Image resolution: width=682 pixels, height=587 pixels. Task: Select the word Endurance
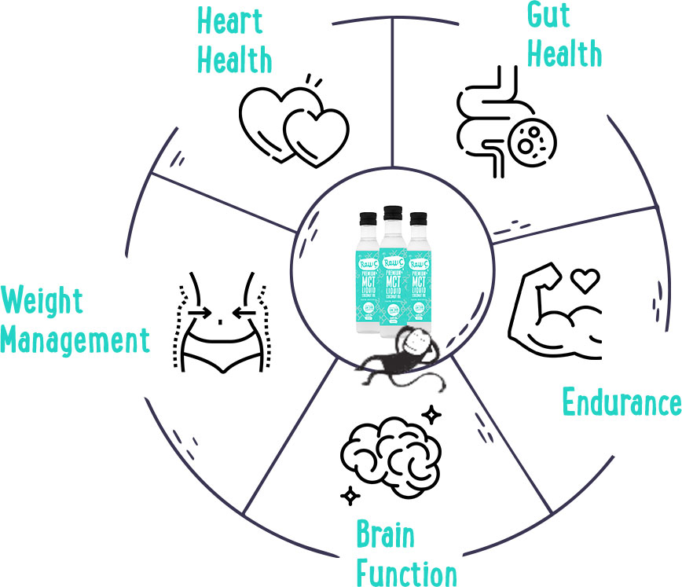[621, 402]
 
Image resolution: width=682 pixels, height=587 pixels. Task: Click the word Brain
[385, 537]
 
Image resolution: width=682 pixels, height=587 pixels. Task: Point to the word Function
[405, 571]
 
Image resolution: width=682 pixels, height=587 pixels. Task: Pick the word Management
[75, 341]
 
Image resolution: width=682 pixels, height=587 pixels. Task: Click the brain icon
[386, 456]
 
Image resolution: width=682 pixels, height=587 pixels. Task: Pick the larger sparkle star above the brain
[431, 413]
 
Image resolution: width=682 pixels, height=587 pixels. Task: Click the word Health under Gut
[565, 55]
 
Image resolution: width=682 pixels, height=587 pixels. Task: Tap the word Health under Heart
[233, 60]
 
